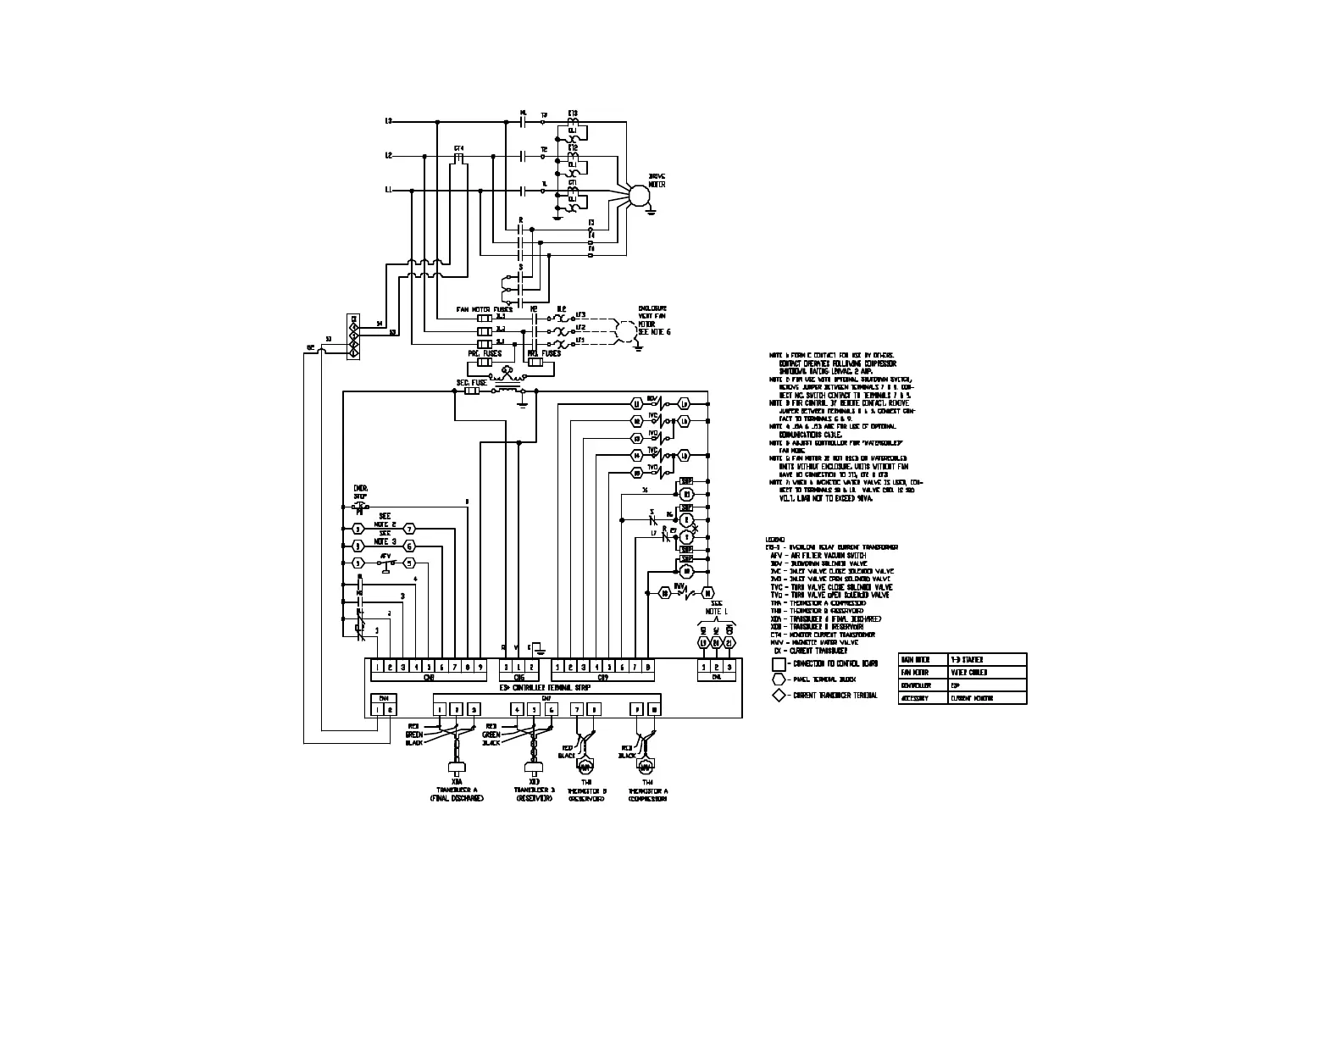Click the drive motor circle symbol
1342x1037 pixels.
coord(638,194)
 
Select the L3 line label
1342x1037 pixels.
coord(389,121)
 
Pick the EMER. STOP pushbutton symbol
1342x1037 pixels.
coord(360,506)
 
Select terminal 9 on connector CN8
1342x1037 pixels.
coord(480,668)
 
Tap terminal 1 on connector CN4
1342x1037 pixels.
coord(377,709)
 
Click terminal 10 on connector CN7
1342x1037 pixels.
coord(653,709)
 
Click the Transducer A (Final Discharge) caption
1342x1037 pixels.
coord(457,793)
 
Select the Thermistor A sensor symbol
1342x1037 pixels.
coord(645,766)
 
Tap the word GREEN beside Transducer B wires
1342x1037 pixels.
coord(491,734)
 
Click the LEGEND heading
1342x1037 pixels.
coord(774,540)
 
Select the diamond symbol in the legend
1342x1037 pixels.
coord(779,696)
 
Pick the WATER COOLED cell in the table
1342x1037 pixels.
coord(967,672)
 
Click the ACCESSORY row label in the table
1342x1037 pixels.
coord(915,698)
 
